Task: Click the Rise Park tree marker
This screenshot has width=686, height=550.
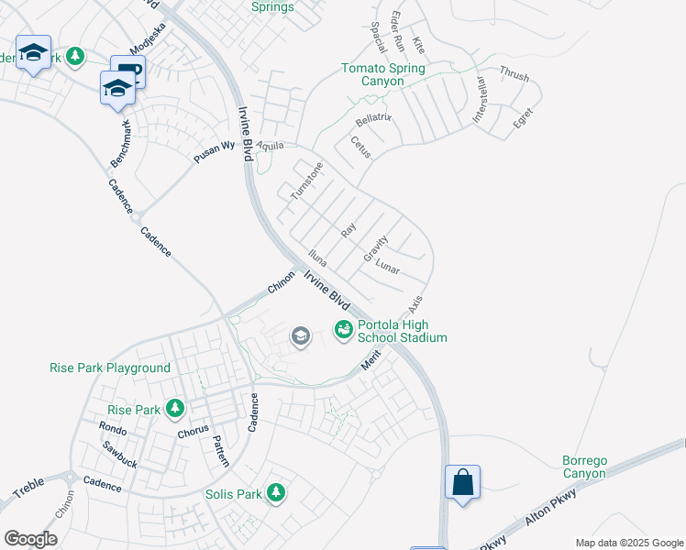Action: pyautogui.click(x=171, y=410)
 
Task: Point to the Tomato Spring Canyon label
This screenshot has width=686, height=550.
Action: pyautogui.click(x=383, y=74)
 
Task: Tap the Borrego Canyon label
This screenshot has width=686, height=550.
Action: pyautogui.click(x=584, y=467)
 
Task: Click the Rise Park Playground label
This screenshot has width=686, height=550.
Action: pyautogui.click(x=110, y=368)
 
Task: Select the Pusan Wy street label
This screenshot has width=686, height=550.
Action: pyautogui.click(x=215, y=151)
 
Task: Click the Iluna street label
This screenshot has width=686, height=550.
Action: pyautogui.click(x=318, y=258)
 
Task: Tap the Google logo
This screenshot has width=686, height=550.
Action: pyautogui.click(x=30, y=539)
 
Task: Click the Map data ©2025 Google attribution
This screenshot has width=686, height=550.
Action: pyautogui.click(x=628, y=542)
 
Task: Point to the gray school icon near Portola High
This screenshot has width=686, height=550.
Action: pyautogui.click(x=300, y=337)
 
